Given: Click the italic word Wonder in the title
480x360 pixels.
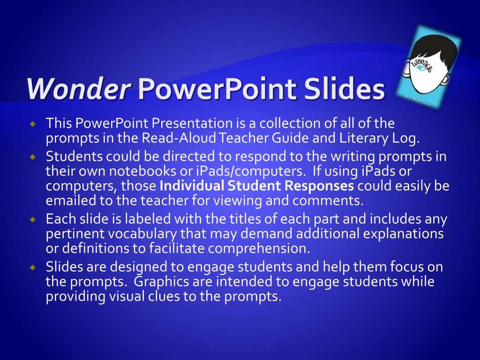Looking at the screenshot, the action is (x=78, y=89).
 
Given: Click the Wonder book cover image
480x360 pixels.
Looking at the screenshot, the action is (x=428, y=66).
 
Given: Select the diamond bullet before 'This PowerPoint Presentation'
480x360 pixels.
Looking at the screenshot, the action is (x=33, y=124).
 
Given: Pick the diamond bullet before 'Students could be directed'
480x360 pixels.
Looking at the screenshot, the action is (x=33, y=157).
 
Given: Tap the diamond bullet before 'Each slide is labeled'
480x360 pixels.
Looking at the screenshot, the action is (x=33, y=220).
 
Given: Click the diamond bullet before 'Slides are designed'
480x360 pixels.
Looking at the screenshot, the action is (x=33, y=268).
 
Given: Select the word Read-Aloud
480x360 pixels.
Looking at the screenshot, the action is (x=179, y=138).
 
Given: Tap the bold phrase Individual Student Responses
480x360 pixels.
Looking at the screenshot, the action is (x=257, y=186).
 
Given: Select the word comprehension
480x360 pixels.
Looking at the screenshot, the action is (x=259, y=249).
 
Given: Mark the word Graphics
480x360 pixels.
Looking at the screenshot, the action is (x=161, y=282).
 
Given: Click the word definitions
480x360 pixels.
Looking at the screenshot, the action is (x=96, y=248).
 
